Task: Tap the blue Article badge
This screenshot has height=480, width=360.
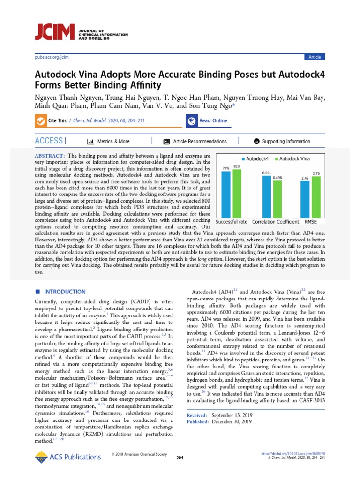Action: (x=315, y=57)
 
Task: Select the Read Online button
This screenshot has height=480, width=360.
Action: (x=208, y=120)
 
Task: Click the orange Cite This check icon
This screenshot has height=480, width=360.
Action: (x=41, y=121)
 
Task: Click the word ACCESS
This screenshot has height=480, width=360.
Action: (x=49, y=141)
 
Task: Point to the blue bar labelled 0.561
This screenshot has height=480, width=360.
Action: (x=267, y=197)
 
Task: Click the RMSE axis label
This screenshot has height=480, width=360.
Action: (x=311, y=221)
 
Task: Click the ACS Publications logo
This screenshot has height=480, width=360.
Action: (x=68, y=457)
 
